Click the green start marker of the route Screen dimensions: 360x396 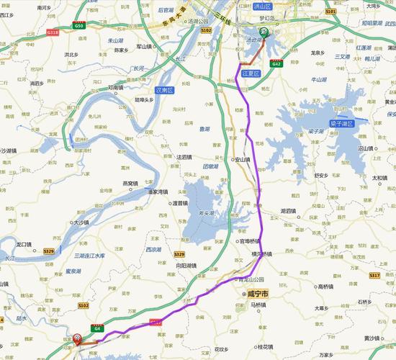coord(264,32)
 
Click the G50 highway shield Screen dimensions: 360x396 coord(79,25)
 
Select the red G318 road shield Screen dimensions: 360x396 coord(52,32)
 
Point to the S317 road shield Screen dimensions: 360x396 coord(374,276)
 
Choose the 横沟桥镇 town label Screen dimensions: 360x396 coord(261,254)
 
